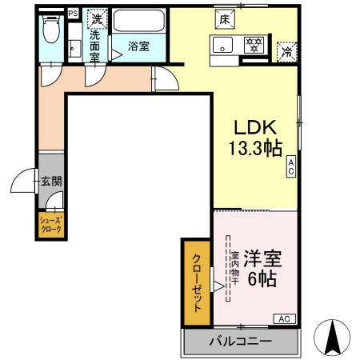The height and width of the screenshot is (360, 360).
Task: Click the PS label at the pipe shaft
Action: [73, 13]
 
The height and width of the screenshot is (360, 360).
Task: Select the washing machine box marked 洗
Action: [97, 18]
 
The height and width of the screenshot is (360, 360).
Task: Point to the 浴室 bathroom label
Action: [138, 46]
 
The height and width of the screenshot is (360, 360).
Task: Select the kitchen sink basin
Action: [222, 44]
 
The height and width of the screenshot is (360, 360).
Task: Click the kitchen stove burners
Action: [254, 44]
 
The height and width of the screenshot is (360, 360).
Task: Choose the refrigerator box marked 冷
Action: [286, 51]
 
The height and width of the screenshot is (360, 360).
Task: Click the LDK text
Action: [254, 126]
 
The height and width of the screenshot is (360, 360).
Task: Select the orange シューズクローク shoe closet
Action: [50, 225]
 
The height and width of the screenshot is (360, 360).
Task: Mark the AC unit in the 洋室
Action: [284, 318]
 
